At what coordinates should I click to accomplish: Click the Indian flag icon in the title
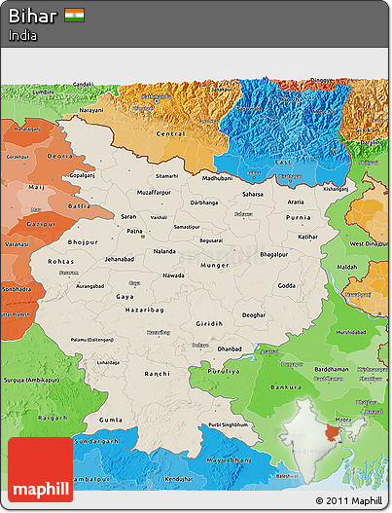coord(74,16)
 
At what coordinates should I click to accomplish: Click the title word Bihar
coord(32,16)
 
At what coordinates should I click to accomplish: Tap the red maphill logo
coord(40,469)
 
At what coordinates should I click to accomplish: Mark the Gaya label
coord(125,295)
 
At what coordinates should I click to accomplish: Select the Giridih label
coord(208,322)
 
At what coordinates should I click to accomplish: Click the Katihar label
coord(308,236)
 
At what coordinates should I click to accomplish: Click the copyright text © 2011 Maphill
coord(348,501)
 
